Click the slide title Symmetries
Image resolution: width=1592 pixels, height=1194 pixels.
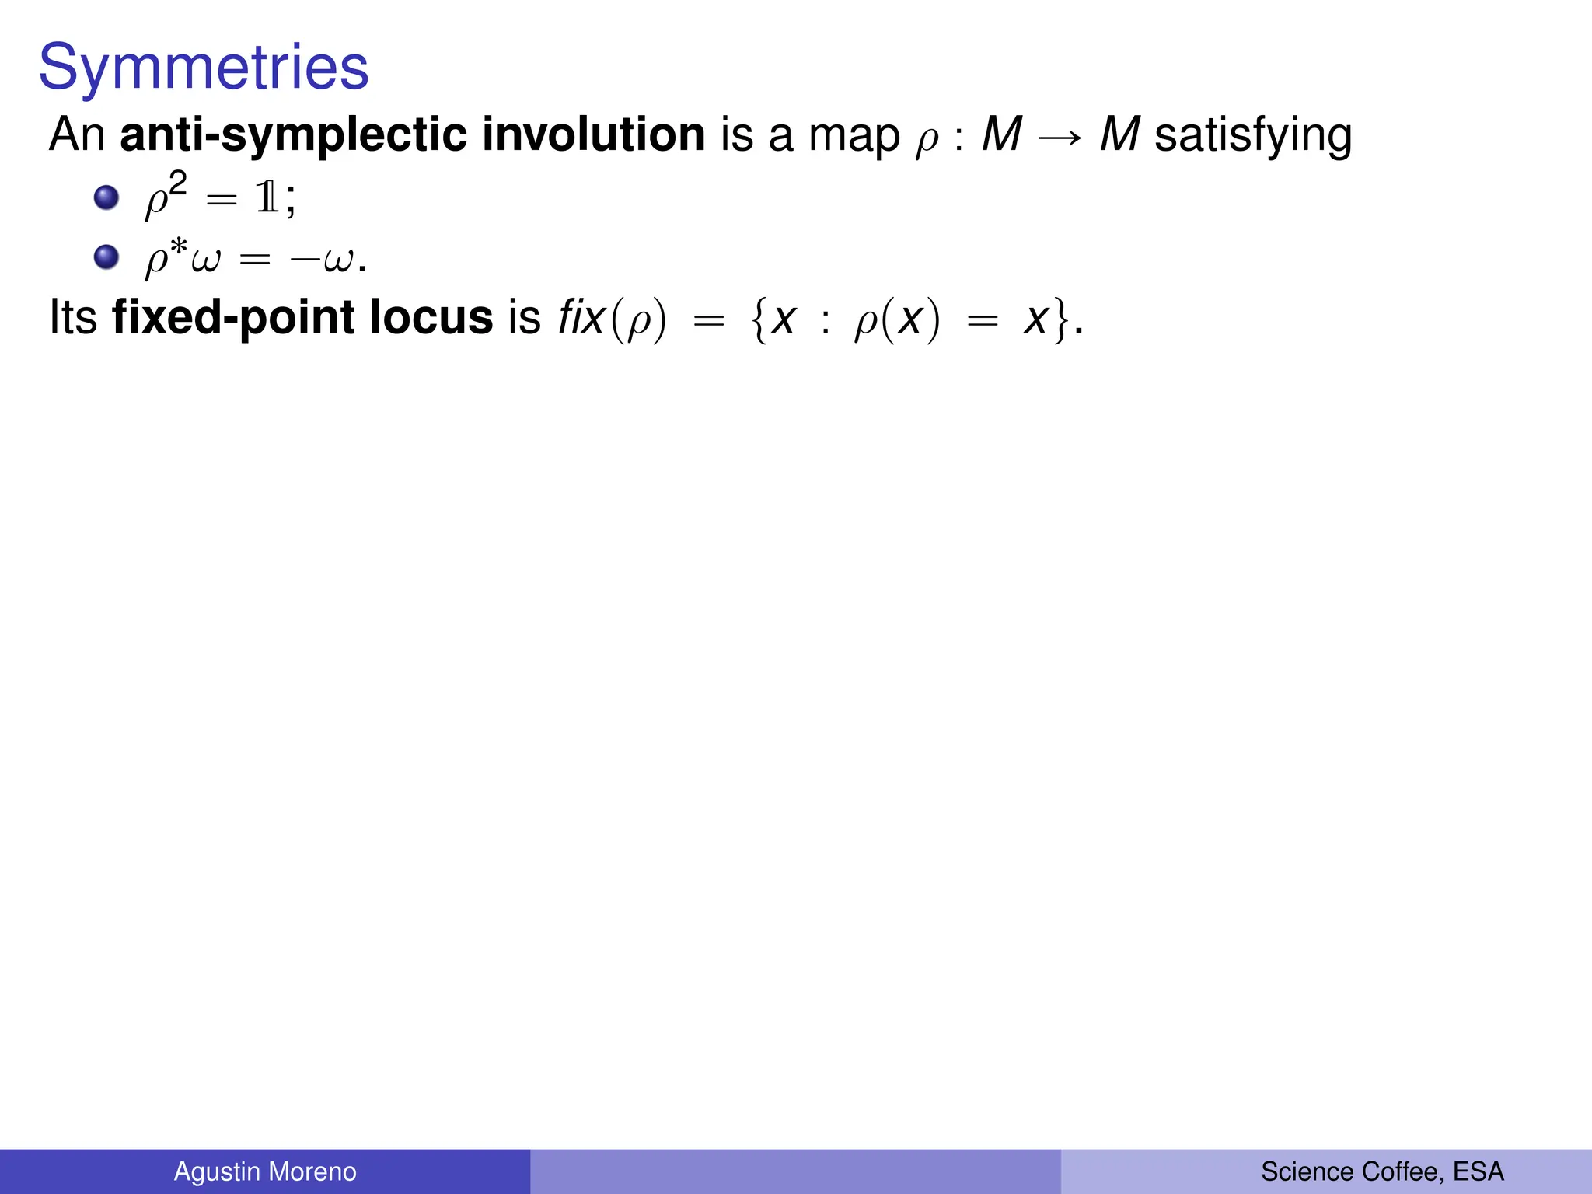tap(204, 68)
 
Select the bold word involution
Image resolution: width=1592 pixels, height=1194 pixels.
tap(593, 135)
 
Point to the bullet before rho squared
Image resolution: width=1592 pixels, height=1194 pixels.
tap(106, 197)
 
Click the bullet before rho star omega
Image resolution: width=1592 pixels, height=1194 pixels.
tap(106, 257)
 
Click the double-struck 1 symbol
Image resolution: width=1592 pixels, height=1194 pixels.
tap(267, 199)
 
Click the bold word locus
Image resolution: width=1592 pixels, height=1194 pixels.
tap(431, 317)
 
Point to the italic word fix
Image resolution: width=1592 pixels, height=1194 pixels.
tap(581, 317)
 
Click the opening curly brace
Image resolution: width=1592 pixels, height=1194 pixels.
tap(759, 320)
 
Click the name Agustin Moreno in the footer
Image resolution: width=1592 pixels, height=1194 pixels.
tap(265, 1171)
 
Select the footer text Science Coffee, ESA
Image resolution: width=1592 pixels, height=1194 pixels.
tap(1382, 1171)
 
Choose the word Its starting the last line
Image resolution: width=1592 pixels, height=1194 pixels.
tap(73, 317)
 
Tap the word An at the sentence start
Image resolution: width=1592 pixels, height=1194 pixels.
tap(76, 135)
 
